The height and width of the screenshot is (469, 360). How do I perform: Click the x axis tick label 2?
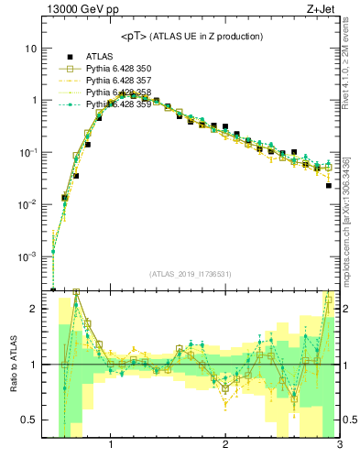225,446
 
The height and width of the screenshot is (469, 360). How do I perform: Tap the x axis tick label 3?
339,446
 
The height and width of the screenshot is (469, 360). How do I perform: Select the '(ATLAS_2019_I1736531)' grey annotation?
191,275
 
